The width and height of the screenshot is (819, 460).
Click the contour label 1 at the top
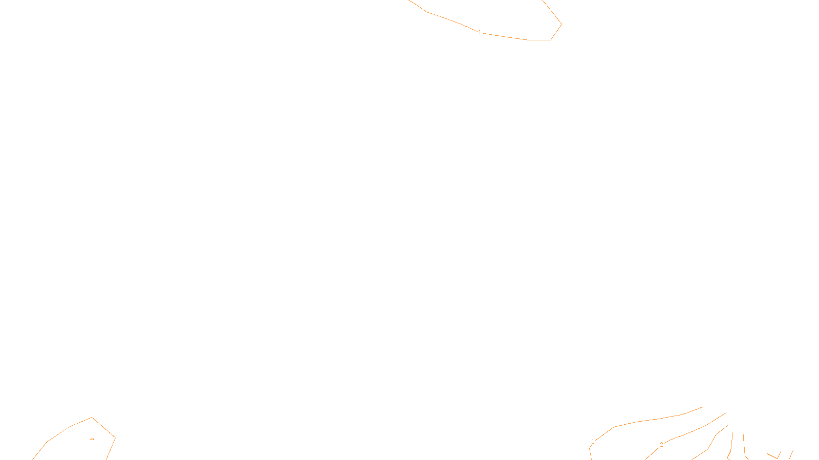pos(480,32)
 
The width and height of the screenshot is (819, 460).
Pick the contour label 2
pos(661,445)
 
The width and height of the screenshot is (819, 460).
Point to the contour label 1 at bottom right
pos(593,442)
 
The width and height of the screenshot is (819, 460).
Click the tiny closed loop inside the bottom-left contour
pos(92,439)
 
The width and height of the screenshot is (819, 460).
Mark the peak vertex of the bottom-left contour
pos(92,418)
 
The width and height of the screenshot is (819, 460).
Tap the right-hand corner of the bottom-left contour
pos(115,438)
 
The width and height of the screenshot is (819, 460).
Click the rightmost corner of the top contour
pos(562,24)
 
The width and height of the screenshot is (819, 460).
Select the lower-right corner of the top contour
pos(550,40)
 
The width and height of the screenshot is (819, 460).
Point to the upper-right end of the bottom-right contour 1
pos(702,407)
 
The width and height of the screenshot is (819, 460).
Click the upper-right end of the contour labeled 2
pos(726,413)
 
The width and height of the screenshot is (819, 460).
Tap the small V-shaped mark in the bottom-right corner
pos(777,456)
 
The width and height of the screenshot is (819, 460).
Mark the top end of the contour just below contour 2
pos(727,426)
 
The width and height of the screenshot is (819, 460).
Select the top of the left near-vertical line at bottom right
pos(732,433)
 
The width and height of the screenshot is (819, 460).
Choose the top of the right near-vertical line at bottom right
pos(743,432)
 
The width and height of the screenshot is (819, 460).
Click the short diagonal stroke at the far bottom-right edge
pos(791,454)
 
